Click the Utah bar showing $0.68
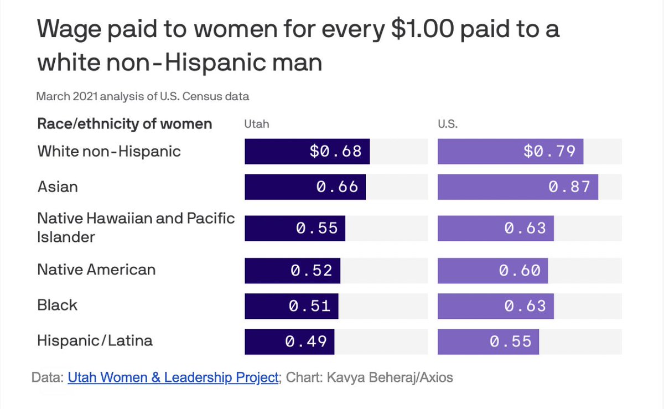(x=307, y=151)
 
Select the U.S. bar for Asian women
(x=517, y=187)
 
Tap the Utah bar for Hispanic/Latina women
(x=289, y=341)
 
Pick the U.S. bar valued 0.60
(x=492, y=271)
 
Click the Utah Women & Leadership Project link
(x=173, y=377)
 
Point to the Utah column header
(x=257, y=124)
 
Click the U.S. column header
(x=448, y=124)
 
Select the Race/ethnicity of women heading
(x=124, y=123)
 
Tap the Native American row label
(x=96, y=270)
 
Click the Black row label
(x=58, y=305)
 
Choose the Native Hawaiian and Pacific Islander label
(x=136, y=227)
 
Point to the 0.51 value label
(x=310, y=306)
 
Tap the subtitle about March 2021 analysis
(x=143, y=96)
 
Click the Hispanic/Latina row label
(x=95, y=340)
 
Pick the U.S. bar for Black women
(x=495, y=306)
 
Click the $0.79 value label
(x=549, y=151)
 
